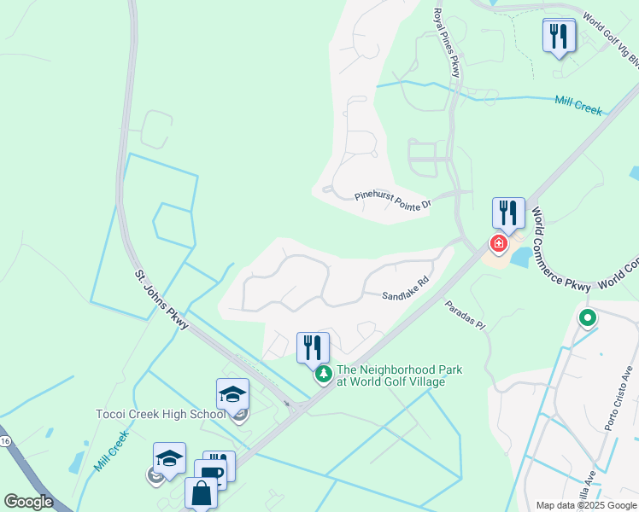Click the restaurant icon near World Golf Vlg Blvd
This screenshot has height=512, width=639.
(x=559, y=36)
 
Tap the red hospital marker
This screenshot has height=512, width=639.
(x=498, y=245)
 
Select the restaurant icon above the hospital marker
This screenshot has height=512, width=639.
(x=508, y=213)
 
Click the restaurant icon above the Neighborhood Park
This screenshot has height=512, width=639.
(x=313, y=347)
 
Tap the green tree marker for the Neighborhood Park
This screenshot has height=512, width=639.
(x=324, y=374)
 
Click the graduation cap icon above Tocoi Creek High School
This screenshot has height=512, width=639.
(x=232, y=394)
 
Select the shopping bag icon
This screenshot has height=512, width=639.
(x=201, y=493)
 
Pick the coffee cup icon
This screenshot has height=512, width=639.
(x=210, y=474)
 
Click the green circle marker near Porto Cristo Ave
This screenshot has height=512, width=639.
(x=587, y=320)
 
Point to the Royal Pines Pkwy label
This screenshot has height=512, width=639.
(x=446, y=43)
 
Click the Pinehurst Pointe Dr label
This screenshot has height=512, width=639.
(x=394, y=200)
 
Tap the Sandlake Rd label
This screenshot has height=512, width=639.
(x=404, y=288)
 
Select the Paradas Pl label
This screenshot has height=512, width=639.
(x=463, y=315)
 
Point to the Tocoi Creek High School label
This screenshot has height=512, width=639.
(x=160, y=415)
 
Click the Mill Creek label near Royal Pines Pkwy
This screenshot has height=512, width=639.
(x=577, y=105)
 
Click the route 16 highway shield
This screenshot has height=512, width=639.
(x=5, y=440)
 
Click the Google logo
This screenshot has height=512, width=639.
(x=29, y=502)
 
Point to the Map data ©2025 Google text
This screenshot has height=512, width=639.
(x=586, y=505)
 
